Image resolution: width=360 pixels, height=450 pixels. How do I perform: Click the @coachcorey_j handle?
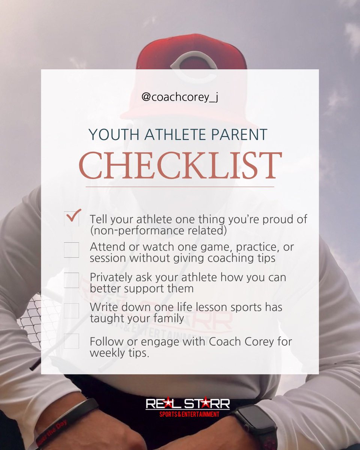(x=180, y=97)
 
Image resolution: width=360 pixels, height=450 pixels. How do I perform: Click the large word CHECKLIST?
(x=180, y=165)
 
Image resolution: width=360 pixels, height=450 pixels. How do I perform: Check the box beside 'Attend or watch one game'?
(x=71, y=250)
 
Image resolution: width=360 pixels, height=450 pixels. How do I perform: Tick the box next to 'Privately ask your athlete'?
(x=71, y=280)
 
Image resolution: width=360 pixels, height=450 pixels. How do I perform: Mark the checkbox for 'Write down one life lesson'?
(x=71, y=310)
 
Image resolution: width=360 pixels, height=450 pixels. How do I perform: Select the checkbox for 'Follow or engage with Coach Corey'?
(x=71, y=341)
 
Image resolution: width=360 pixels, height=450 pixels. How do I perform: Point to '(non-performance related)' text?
(x=158, y=231)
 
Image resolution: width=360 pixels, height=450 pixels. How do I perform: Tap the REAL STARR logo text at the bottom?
(x=187, y=404)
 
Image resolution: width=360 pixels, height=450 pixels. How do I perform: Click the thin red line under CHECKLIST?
(x=180, y=186)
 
